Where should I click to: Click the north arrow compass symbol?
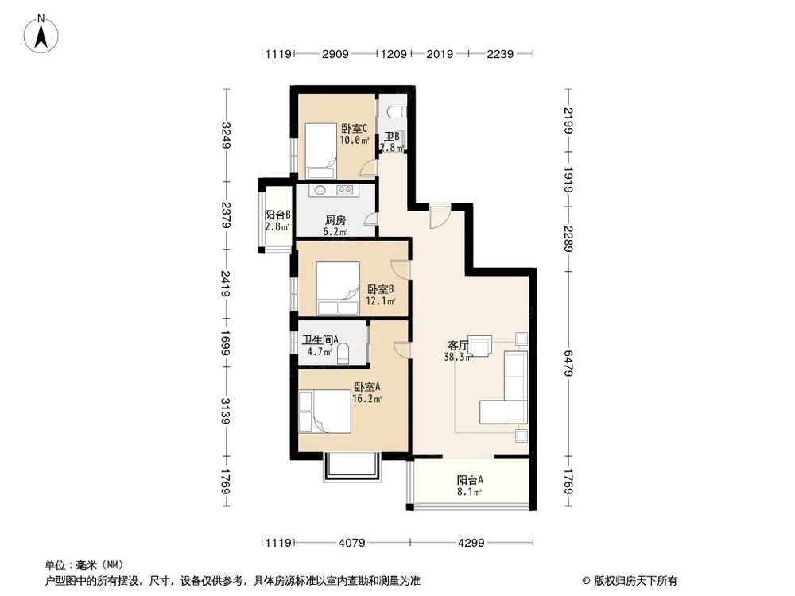[41, 34]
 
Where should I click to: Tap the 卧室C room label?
[354, 129]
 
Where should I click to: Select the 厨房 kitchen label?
[335, 220]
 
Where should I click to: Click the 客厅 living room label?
[458, 345]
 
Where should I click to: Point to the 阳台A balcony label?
[470, 479]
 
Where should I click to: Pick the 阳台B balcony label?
[277, 215]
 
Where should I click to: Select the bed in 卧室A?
[325, 412]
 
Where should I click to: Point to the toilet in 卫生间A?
[343, 354]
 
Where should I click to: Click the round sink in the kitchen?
[320, 190]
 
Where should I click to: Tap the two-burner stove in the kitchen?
[345, 190]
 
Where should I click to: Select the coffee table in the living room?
[479, 346]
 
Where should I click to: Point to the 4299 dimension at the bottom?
[471, 543]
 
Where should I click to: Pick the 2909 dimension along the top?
[335, 54]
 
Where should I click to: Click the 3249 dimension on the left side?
[226, 135]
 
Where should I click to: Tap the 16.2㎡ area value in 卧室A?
[367, 399]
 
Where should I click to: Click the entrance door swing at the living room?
[439, 216]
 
